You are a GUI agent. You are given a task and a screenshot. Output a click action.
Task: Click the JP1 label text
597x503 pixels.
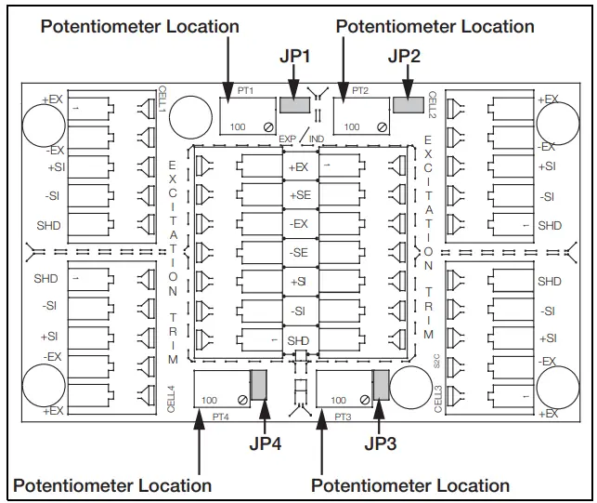tap(294, 57)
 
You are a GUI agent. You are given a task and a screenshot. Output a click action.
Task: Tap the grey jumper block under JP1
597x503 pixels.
tap(294, 105)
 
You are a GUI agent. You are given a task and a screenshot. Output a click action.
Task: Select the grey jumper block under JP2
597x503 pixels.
tap(409, 104)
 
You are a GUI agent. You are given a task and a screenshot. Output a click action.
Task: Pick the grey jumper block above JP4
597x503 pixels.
tap(258, 384)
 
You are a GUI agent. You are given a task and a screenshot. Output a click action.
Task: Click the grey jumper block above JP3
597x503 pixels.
tap(381, 384)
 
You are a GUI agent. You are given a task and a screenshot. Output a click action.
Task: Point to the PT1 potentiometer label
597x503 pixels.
tap(245, 91)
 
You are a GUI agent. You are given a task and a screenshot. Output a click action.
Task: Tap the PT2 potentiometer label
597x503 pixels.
tap(360, 91)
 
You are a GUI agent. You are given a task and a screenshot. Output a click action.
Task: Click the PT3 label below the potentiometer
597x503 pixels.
tap(343, 417)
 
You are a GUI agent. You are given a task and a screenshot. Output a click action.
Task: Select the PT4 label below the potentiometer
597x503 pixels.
tap(220, 417)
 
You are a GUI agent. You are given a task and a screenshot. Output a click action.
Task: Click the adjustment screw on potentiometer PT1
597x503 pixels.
tap(268, 127)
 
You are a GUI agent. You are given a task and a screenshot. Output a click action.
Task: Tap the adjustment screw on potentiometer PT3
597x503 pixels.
tap(365, 400)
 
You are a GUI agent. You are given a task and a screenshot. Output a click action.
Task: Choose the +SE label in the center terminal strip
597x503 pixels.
tap(301, 195)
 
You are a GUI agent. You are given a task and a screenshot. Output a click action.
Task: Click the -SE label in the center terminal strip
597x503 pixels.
tap(299, 253)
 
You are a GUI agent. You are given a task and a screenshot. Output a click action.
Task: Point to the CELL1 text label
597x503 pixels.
tap(162, 99)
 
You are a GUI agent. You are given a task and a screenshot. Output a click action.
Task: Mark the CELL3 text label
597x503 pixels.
tap(438, 399)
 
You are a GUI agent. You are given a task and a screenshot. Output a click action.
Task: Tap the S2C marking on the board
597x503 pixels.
tap(436, 361)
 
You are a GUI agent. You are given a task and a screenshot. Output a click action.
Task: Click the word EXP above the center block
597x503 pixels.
tap(287, 139)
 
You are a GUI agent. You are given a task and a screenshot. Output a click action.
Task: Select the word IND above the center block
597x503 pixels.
tap(317, 139)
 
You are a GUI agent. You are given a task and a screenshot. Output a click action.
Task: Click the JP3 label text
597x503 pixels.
tap(381, 443)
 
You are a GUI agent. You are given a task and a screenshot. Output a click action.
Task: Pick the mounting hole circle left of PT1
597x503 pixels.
tap(190, 117)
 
